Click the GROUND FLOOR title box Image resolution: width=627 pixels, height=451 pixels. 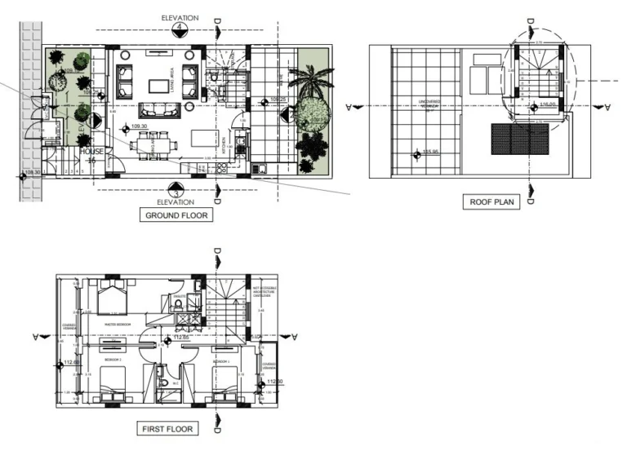click(176, 216)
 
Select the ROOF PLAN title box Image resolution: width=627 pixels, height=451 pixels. click(491, 201)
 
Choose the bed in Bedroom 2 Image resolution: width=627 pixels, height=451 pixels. click(112, 382)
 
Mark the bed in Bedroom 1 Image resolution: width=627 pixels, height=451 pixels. click(225, 383)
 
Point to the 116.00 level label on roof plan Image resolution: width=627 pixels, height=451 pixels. click(548, 104)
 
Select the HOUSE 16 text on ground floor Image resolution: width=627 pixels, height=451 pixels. click(92, 156)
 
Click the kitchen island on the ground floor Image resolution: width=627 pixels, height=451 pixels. click(203, 135)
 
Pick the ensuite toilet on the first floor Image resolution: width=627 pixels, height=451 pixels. click(177, 305)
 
